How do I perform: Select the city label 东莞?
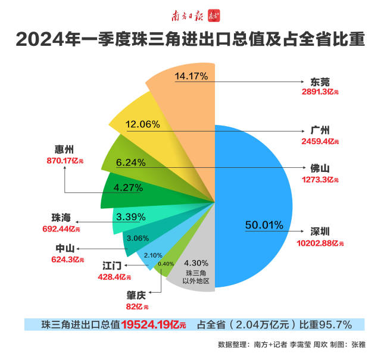coord(320,82)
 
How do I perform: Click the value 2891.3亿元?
coord(320,93)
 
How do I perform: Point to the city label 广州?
coord(320,131)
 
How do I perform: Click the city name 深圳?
coord(320,232)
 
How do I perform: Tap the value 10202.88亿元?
coord(320,243)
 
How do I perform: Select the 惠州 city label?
coord(64,149)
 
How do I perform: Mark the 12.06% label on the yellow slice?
coord(143,124)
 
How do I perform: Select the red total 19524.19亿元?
coord(154,325)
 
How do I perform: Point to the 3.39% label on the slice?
coord(131,217)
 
